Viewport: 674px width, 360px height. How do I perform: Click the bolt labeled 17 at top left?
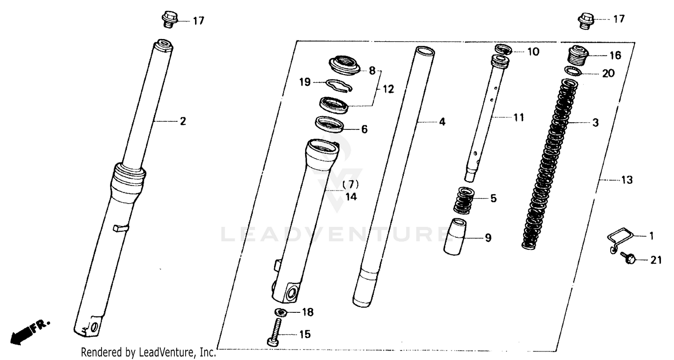[x=169, y=19]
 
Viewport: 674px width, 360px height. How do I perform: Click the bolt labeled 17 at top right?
[x=585, y=21]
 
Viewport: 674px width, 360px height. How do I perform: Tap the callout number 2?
[x=183, y=121]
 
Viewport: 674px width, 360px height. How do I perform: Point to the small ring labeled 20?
[x=574, y=71]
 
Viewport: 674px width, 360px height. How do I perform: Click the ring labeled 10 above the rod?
[x=503, y=49]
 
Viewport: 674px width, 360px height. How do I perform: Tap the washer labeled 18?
[x=282, y=312]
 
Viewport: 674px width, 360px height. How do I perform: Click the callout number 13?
[x=626, y=180]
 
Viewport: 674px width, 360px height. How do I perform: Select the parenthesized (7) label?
[x=350, y=184]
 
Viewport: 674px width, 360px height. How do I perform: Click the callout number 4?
[x=442, y=122]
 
